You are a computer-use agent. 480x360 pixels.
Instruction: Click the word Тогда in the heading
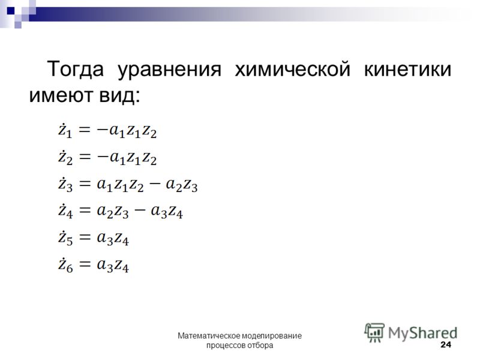point(76,69)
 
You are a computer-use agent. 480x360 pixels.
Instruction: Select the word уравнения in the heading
point(169,70)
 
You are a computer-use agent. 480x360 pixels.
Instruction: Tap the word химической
point(292,69)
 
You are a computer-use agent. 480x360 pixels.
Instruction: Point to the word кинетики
point(407,70)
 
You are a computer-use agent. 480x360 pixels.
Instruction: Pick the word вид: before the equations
point(120,95)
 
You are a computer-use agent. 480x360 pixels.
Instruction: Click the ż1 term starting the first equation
point(65,131)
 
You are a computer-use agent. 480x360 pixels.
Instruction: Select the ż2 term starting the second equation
point(65,157)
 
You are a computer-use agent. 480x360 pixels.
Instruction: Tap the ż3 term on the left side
point(65,184)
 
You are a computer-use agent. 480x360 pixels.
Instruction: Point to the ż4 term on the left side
point(65,211)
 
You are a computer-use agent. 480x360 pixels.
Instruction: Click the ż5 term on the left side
point(65,238)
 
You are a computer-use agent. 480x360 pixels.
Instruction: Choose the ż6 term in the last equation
point(65,265)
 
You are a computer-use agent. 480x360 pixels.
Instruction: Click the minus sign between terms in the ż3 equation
point(154,184)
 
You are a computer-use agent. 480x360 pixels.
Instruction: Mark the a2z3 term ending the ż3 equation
point(182,185)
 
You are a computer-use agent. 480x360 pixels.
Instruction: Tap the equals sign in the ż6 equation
point(85,263)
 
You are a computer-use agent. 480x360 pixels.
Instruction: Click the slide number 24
point(446,344)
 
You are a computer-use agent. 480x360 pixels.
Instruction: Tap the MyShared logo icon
point(374,332)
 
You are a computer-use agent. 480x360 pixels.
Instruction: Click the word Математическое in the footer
point(209,336)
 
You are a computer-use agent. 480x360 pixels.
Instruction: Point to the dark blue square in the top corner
point(11,11)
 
